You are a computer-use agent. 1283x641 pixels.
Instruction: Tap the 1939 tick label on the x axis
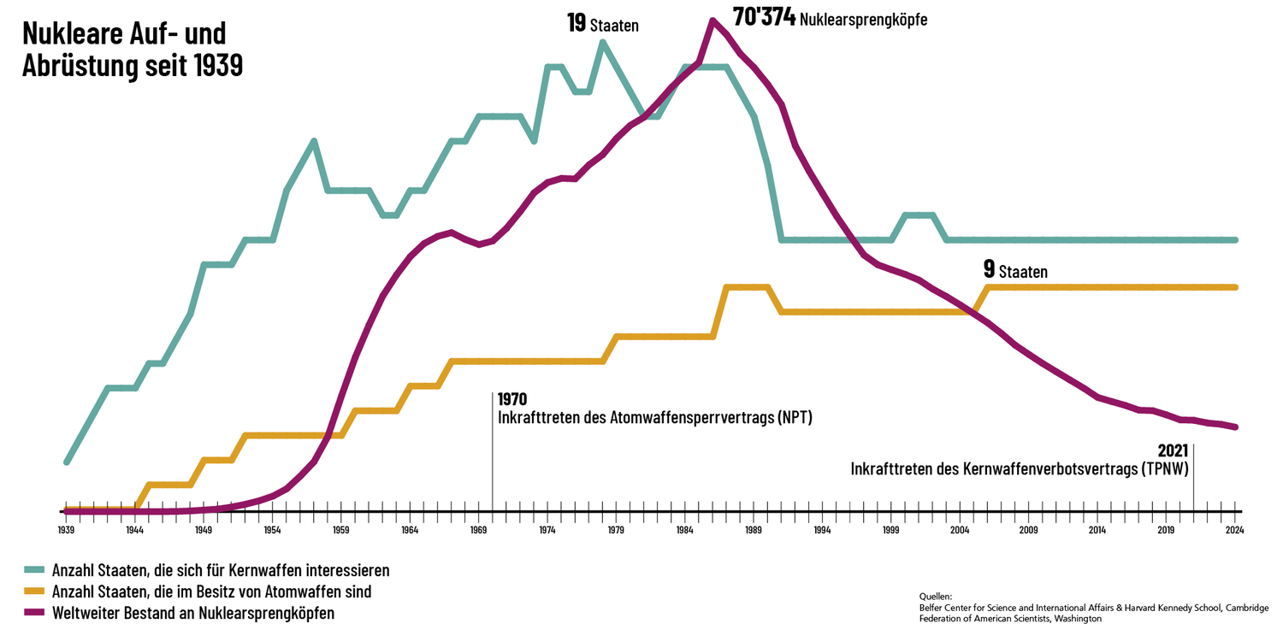66,530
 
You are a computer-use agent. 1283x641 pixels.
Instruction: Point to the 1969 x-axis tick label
478,530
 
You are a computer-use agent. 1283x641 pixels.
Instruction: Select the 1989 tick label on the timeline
754,530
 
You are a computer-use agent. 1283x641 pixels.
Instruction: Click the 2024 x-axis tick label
1234,530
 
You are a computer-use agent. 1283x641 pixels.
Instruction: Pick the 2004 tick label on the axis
960,530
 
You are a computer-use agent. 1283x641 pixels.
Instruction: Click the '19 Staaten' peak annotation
603,24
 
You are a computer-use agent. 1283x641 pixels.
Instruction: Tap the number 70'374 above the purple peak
765,17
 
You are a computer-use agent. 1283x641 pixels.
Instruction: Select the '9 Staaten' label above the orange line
1015,271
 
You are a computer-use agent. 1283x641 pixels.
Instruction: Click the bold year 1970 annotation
512,399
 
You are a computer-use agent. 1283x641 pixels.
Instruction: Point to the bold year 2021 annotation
1174,450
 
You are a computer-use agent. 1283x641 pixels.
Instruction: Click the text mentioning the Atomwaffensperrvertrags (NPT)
654,418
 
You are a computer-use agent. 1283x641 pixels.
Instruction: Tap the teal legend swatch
34,569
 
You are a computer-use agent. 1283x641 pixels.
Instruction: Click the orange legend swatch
34,591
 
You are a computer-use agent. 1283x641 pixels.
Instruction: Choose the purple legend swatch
34,613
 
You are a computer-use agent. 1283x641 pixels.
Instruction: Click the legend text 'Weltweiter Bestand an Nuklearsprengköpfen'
193,613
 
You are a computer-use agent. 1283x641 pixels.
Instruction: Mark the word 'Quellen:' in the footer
935,596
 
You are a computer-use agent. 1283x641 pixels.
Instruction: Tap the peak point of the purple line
712,21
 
